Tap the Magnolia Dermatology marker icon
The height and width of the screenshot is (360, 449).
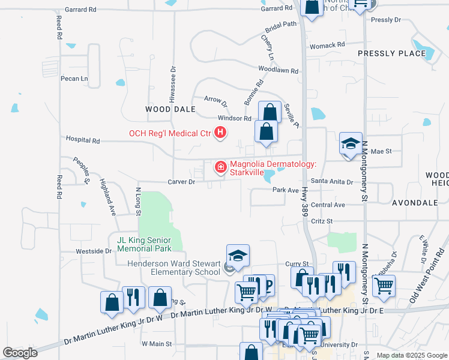(220, 167)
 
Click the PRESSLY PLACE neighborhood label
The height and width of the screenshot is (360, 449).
(391, 53)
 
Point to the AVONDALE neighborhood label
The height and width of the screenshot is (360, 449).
(415, 203)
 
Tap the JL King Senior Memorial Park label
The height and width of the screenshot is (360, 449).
(144, 244)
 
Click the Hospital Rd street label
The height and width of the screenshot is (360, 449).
(83, 140)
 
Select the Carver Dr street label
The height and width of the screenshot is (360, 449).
(181, 181)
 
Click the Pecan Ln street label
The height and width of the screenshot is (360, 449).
(74, 79)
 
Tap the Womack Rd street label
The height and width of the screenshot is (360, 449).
(327, 45)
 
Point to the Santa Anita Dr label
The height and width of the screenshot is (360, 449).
(331, 181)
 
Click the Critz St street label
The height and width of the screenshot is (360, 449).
(322, 221)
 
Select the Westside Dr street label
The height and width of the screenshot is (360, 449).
(94, 251)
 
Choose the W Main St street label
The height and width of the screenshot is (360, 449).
(157, 344)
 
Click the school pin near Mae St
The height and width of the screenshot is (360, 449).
(351, 144)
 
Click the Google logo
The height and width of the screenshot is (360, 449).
(20, 353)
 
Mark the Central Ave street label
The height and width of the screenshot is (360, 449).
(328, 205)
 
